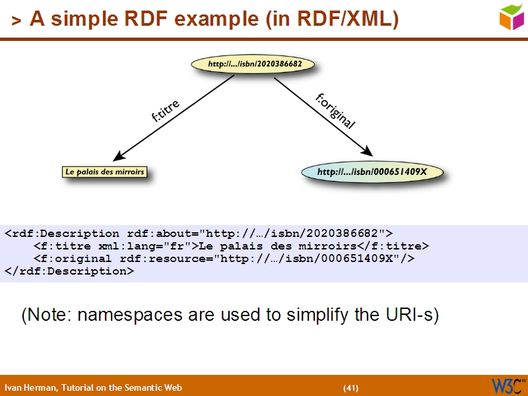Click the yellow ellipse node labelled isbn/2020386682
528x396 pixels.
point(252,65)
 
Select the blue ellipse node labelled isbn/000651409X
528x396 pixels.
point(372,172)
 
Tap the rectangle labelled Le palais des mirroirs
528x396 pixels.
point(104,172)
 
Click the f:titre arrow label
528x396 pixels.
point(166,112)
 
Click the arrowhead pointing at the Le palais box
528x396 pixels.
point(119,156)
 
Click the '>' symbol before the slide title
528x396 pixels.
point(16,22)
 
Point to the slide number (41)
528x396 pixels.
point(350,387)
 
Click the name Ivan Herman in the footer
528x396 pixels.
point(30,387)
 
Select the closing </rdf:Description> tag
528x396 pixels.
point(69,271)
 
